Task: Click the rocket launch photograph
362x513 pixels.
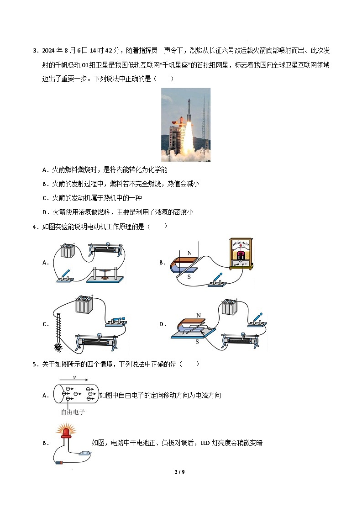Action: (x=186, y=124)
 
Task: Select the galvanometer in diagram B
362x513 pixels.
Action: (x=240, y=254)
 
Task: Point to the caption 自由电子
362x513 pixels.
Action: (x=73, y=412)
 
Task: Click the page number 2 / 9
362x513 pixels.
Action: (x=180, y=472)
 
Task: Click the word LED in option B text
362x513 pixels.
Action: (x=205, y=443)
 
